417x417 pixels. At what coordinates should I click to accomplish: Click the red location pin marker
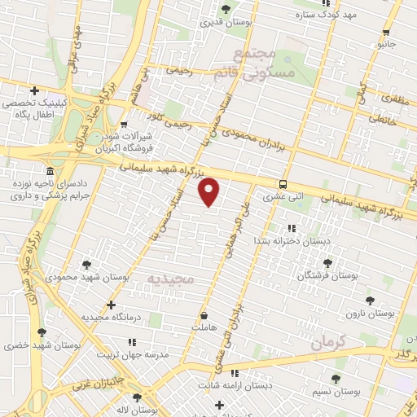point(209,191)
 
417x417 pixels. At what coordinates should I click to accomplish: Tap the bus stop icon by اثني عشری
point(283,184)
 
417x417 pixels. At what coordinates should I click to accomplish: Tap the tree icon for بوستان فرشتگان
point(327,263)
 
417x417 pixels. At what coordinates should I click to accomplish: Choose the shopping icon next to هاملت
point(203,314)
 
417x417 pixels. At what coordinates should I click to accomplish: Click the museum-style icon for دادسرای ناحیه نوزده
point(50,172)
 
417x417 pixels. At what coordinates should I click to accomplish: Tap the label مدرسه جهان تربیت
point(133,355)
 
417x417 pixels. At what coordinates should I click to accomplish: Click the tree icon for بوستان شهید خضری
point(41,333)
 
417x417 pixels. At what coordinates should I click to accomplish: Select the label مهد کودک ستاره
point(350,15)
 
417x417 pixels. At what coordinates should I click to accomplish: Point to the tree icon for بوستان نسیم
point(336,379)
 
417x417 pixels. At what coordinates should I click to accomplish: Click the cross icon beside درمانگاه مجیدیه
point(111,305)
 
